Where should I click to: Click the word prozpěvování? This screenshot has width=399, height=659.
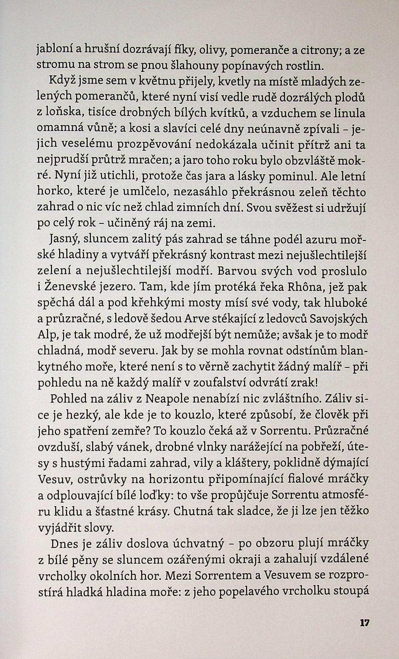(x=159, y=145)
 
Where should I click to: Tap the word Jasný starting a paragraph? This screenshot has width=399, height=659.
(x=64, y=240)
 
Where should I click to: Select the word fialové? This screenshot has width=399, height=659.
(x=312, y=478)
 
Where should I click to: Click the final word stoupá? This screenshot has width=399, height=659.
(x=352, y=591)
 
